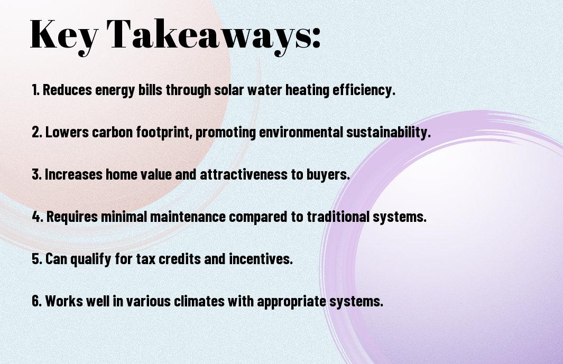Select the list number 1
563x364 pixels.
[35, 90]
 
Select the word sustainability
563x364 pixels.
[389, 133]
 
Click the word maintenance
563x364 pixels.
[188, 217]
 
